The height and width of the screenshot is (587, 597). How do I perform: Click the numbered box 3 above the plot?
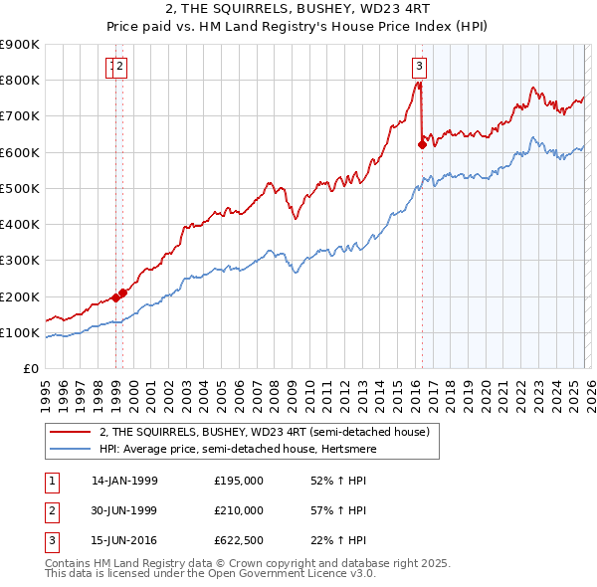click(x=419, y=67)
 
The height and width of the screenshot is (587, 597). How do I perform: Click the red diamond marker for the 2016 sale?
click(x=422, y=144)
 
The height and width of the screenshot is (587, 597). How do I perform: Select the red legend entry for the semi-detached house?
click(x=264, y=432)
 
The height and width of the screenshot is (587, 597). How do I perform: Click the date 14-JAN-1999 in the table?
click(x=124, y=481)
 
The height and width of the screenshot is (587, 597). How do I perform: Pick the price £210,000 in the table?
click(x=239, y=510)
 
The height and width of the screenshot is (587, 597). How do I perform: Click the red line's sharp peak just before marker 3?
click(x=417, y=84)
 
